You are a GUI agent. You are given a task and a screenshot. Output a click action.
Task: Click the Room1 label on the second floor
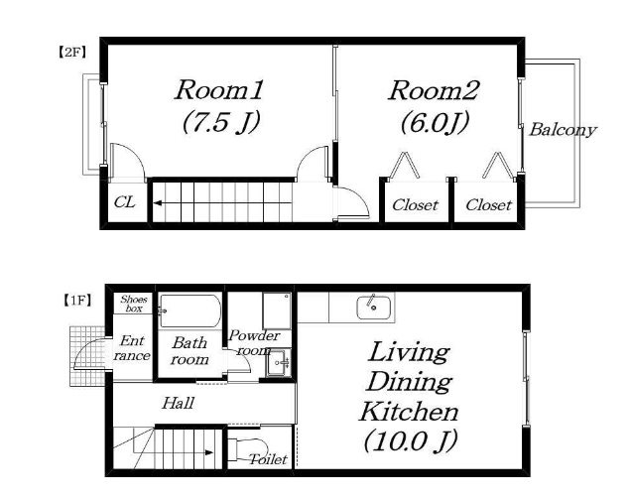219,90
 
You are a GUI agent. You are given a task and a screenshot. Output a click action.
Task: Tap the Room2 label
434,90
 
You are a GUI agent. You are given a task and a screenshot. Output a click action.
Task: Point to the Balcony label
563,130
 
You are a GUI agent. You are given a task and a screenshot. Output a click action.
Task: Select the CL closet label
125,202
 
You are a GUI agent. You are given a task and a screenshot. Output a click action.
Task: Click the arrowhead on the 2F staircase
158,202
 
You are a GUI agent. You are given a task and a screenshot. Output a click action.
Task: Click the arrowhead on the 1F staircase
209,452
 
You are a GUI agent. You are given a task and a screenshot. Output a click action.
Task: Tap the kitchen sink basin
374,308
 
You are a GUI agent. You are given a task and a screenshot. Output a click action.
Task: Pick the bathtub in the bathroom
190,311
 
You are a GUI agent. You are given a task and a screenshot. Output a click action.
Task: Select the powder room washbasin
278,363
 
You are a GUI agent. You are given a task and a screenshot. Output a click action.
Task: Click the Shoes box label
134,304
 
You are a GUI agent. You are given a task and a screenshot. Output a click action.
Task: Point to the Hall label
178,403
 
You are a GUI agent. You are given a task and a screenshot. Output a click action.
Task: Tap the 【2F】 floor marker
71,52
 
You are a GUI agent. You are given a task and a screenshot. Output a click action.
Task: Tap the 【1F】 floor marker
77,301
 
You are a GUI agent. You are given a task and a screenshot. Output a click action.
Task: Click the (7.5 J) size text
220,121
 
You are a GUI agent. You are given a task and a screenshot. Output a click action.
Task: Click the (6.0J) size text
435,121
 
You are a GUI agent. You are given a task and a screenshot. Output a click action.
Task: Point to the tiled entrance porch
87,356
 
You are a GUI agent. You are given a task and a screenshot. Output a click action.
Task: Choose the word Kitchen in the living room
409,412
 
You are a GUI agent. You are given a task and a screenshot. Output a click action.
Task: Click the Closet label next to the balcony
488,205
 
